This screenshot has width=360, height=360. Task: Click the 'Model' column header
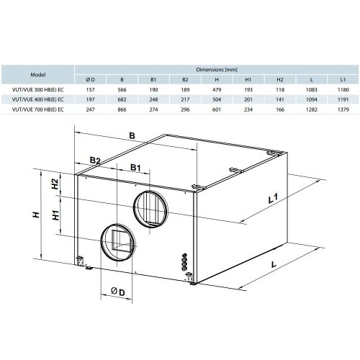tap(37, 74)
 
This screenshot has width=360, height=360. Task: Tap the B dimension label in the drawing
tap(132, 134)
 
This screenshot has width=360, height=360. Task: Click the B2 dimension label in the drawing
tap(95, 160)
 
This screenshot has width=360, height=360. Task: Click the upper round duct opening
tap(150, 206)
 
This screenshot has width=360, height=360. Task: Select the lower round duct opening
tap(115, 240)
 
